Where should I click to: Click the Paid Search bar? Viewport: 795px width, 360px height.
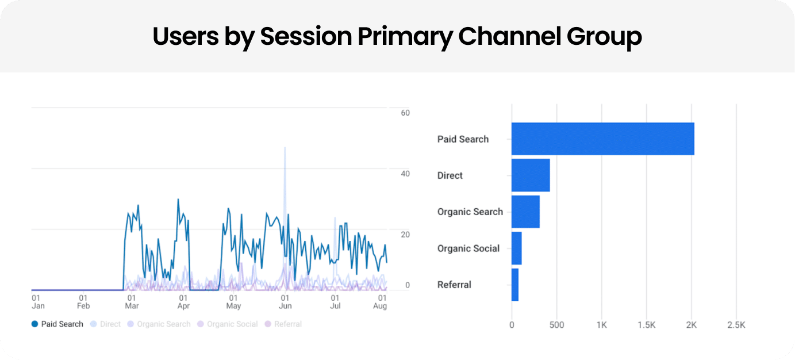point(602,139)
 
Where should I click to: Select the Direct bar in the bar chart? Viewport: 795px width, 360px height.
point(531,175)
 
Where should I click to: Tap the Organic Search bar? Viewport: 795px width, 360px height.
point(525,212)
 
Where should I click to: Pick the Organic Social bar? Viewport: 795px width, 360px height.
point(516,248)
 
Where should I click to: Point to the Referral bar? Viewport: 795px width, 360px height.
point(515,285)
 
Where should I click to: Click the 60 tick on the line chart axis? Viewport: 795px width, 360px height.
point(405,113)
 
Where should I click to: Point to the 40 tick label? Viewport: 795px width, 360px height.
point(405,174)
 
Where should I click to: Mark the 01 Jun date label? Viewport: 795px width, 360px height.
point(285,302)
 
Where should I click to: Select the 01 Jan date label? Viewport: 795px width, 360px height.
point(37,302)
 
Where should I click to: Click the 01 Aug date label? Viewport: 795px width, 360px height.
point(381,302)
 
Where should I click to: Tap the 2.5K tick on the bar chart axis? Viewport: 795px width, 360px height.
point(736,325)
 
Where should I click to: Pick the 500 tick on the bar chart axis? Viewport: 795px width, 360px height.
point(556,325)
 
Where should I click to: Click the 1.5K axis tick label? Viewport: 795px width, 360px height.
point(646,325)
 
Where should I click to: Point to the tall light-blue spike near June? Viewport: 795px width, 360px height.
point(285,173)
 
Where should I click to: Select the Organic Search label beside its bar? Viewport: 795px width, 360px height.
point(470,212)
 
